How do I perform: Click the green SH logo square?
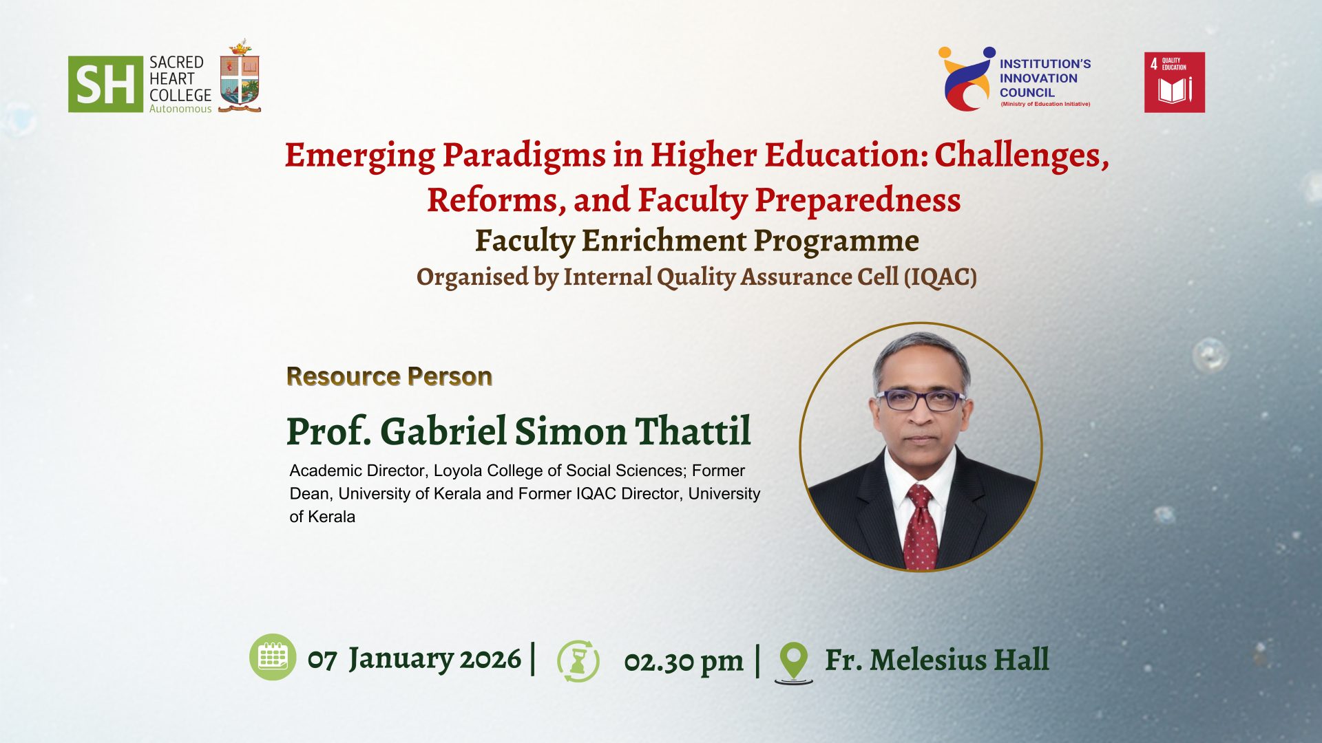[105, 84]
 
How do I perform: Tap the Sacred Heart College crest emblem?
[240, 77]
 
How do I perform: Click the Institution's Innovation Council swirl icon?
[967, 78]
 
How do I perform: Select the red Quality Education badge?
[1175, 83]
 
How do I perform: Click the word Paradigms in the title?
[523, 156]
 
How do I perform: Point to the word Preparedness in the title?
[857, 200]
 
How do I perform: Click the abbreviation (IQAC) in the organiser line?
[941, 277]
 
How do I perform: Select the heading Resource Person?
[389, 376]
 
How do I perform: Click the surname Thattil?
[693, 431]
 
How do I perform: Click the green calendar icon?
[273, 657]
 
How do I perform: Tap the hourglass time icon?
[578, 661]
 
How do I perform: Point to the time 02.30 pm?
[684, 661]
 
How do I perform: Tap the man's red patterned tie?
[921, 526]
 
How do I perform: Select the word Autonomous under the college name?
[180, 109]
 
